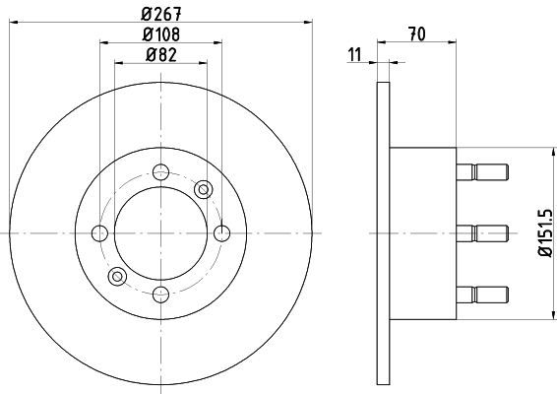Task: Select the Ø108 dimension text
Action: pos(159,34)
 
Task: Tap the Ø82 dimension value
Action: pos(159,54)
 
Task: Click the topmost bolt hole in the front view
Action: pos(160,171)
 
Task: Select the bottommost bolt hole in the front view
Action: pos(160,293)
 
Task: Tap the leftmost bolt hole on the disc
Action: pos(99,232)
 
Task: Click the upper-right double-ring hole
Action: pos(204,188)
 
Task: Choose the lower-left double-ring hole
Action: pos(117,276)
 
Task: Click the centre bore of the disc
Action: pos(160,232)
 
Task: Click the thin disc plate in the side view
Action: pos(384,232)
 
